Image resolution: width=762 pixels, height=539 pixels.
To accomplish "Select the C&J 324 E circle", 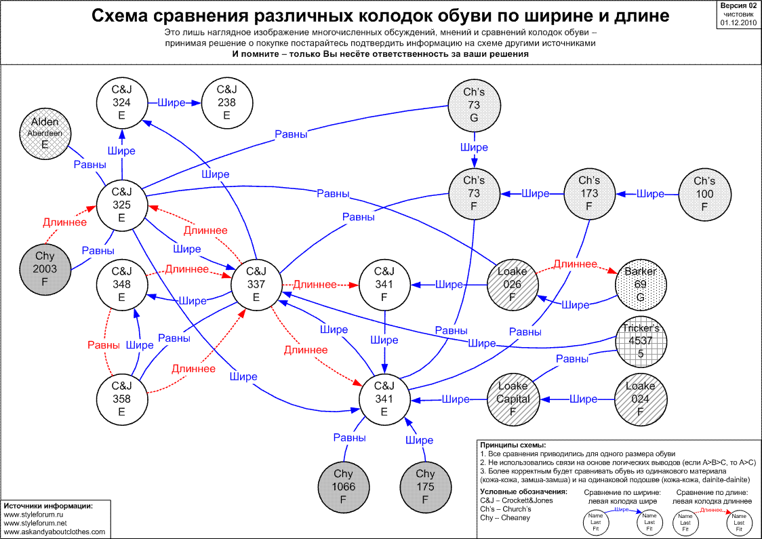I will click(x=122, y=102).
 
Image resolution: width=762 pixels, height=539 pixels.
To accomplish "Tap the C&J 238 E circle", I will click(x=227, y=102).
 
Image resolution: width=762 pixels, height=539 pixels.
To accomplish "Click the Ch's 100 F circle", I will click(x=704, y=195).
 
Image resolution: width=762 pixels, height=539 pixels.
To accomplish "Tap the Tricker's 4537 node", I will click(x=640, y=342).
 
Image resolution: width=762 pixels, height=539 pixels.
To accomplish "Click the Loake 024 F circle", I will click(x=640, y=399).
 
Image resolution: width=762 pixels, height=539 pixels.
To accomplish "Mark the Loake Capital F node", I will click(x=513, y=399).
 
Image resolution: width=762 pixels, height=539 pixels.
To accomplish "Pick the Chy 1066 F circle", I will click(x=344, y=487).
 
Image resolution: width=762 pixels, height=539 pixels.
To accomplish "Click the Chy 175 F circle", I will click(x=425, y=487).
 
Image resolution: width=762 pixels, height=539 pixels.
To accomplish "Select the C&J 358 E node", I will click(x=122, y=399).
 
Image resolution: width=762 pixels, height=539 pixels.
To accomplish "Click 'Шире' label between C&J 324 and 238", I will click(x=172, y=103).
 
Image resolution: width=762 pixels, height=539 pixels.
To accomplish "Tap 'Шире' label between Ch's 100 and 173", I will click(x=651, y=195).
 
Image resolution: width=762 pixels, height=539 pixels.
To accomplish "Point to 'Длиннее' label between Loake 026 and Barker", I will click(x=575, y=264).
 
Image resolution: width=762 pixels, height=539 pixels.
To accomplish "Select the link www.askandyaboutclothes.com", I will click(x=55, y=532).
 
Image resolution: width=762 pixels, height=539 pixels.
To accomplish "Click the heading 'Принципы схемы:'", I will click(x=513, y=445).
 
